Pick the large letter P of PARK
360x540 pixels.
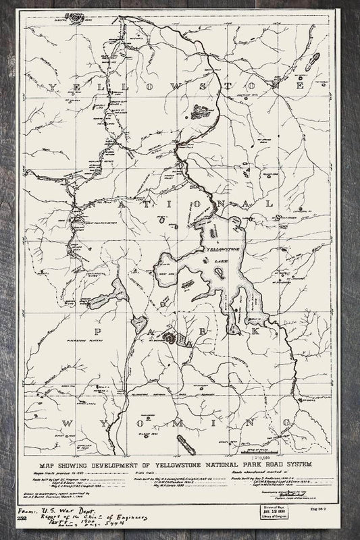(x=99, y=331)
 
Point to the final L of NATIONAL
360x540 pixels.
(x=270, y=202)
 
